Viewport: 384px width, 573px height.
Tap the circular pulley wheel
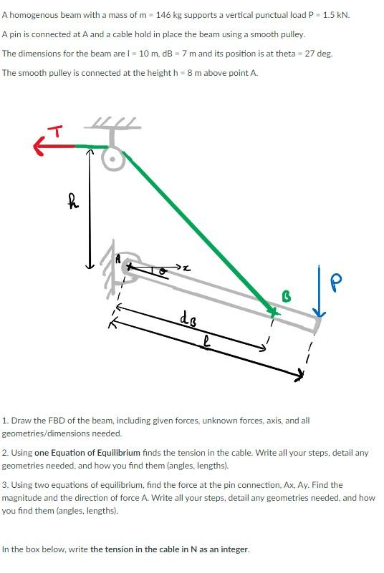(111, 158)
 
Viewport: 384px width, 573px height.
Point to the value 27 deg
(319, 54)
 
